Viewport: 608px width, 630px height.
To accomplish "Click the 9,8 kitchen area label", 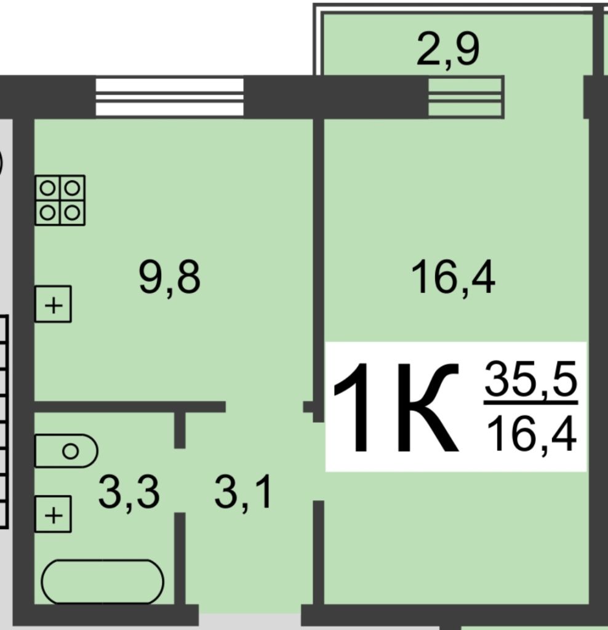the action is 169,278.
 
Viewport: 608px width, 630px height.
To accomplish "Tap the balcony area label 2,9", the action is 448,50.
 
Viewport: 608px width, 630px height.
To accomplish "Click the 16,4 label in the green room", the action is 453,278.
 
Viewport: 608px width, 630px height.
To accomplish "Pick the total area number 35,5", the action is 531,378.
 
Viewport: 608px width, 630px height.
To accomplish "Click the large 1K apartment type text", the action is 396,407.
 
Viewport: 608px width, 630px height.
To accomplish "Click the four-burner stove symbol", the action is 60,200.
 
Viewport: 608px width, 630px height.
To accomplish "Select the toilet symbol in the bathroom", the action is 66,451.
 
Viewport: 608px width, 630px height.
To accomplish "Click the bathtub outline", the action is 103,581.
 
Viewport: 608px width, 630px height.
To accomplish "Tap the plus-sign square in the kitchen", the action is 53,304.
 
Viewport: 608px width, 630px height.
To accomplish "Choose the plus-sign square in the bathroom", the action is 53,514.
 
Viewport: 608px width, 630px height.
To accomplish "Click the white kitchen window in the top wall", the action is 170,97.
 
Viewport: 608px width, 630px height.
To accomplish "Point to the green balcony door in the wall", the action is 466,97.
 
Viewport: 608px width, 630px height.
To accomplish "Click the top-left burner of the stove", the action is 47,188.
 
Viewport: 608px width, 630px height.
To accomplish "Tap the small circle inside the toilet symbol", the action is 70,451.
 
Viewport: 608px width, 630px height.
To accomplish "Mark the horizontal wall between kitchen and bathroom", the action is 129,407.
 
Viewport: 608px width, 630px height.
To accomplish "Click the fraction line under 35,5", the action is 531,402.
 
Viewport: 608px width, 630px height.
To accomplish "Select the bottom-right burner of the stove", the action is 72,212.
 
